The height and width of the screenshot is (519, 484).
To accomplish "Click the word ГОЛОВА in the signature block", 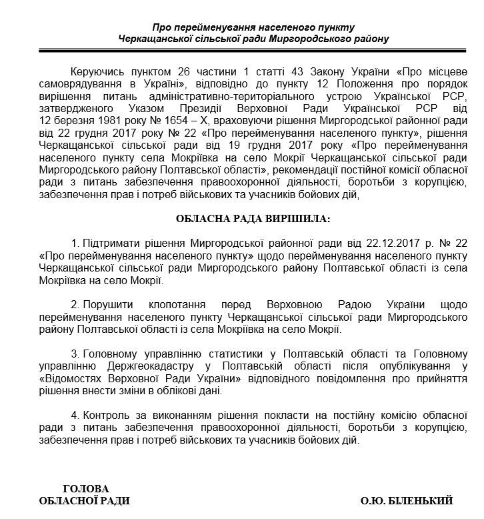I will point(85,489).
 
